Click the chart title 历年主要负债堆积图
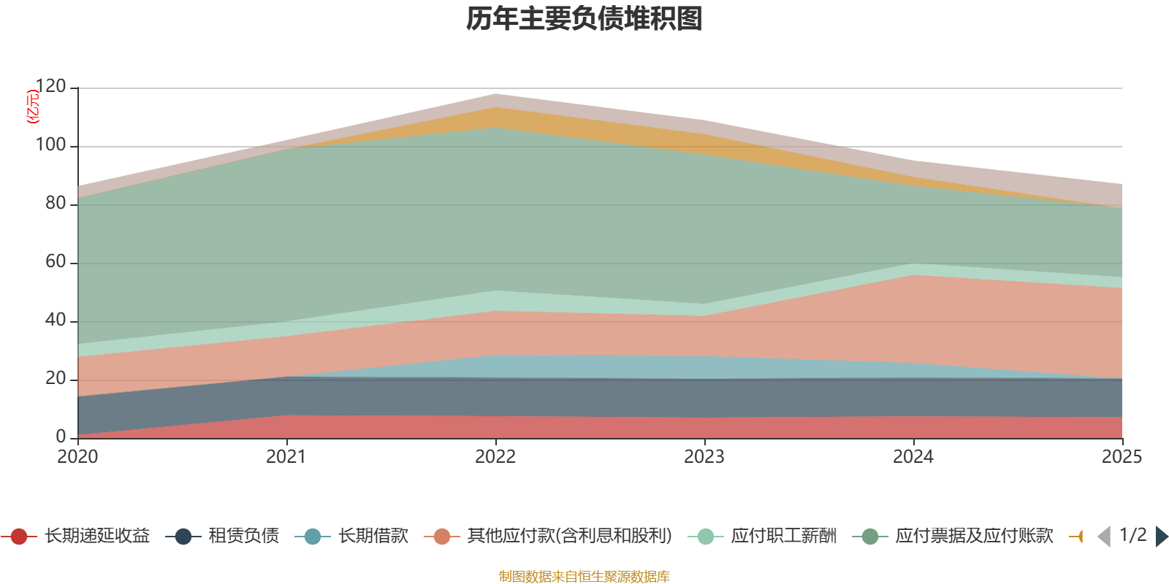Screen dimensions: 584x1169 tap(584, 19)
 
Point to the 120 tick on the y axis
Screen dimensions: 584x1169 tap(50, 87)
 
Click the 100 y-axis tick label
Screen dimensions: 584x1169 tap(50, 145)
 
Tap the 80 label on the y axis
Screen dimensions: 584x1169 tap(56, 204)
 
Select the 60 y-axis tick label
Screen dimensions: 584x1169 tap(56, 262)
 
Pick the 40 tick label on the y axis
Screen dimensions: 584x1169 tap(56, 320)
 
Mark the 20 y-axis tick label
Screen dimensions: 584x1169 tap(56, 379)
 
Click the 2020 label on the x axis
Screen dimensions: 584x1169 tap(77, 457)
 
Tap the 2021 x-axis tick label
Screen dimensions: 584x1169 tap(286, 457)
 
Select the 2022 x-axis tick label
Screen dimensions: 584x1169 tap(495, 457)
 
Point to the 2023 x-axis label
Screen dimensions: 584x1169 tap(704, 457)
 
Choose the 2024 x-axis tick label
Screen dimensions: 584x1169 tap(913, 457)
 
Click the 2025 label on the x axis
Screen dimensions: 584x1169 tap(1122, 457)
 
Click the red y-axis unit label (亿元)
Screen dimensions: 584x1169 tap(32, 107)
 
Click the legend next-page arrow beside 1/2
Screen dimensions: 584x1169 tap(1161, 537)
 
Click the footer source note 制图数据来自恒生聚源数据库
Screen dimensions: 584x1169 tap(584, 577)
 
